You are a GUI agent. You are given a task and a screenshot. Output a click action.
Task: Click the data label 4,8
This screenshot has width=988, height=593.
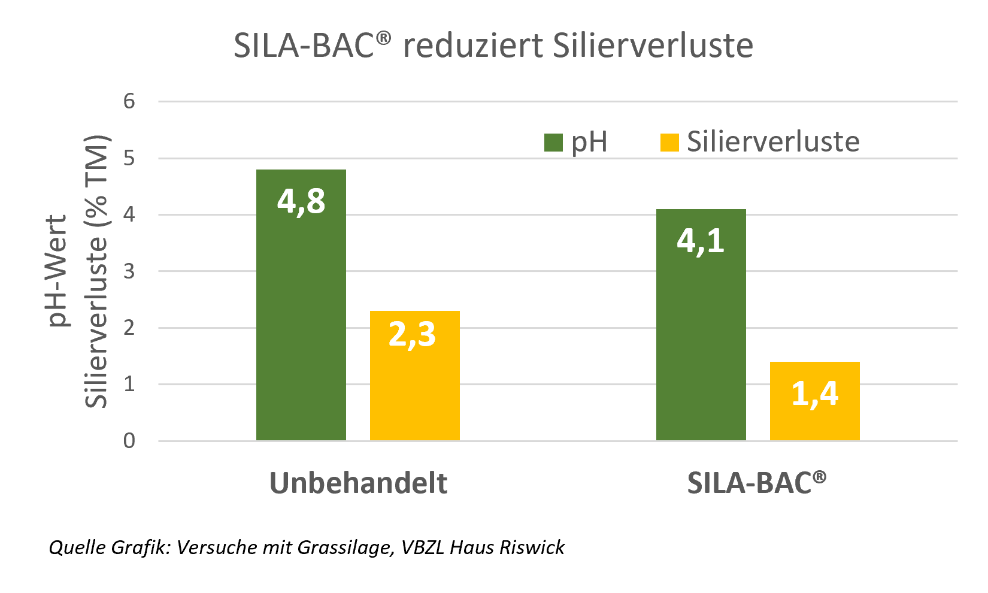[x=301, y=201]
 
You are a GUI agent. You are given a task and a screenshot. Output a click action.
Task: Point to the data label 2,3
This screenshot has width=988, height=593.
[x=412, y=334]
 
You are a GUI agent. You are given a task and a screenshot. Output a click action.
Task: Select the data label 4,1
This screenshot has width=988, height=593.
[x=701, y=241]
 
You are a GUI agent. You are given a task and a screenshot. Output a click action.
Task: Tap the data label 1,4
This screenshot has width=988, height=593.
[x=814, y=394]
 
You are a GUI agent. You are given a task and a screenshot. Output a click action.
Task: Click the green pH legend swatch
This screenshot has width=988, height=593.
[x=553, y=143]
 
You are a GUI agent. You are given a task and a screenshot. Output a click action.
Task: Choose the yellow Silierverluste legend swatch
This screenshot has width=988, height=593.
[x=669, y=143]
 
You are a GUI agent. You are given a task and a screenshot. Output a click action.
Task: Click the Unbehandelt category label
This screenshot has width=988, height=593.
[x=358, y=483]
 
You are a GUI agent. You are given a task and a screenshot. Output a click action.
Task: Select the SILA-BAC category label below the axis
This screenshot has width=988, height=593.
[x=756, y=482]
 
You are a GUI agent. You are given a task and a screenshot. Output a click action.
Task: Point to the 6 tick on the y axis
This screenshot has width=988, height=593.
[x=129, y=101]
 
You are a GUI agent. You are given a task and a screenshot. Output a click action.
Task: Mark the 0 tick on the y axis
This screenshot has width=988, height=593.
[x=129, y=441]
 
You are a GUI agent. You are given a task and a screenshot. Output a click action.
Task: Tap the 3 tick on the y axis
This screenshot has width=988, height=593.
[x=129, y=271]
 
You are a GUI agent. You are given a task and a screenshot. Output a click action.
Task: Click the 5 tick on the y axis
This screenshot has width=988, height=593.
[x=129, y=158]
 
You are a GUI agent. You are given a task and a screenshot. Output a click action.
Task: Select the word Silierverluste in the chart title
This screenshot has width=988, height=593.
[x=653, y=46]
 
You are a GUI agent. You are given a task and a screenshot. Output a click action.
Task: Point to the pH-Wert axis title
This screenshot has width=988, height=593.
[x=58, y=271]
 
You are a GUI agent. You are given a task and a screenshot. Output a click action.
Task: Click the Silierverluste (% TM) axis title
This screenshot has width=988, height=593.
[x=96, y=271]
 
